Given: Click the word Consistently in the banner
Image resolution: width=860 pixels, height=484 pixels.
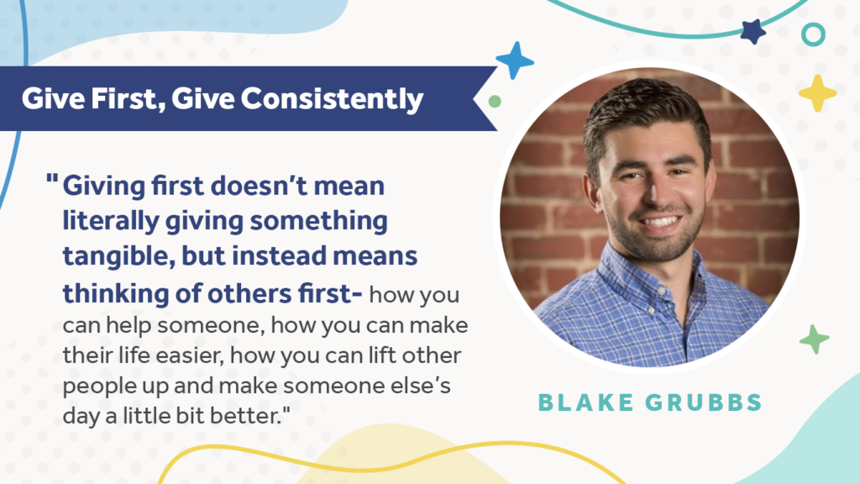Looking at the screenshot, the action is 332,99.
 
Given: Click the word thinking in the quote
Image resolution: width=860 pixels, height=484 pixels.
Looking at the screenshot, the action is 116,293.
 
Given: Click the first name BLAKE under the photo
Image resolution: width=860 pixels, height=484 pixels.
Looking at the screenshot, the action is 585,402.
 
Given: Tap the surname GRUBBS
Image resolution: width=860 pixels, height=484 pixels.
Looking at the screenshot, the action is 704,402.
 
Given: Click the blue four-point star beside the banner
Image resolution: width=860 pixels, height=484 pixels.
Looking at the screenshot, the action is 515,60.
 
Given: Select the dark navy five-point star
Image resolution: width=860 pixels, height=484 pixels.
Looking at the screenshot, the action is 753,31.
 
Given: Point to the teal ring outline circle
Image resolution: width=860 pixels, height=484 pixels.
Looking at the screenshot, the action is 813,24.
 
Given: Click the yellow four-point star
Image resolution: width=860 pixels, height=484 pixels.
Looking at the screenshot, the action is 817,93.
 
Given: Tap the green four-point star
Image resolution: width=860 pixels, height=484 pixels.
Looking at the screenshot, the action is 815,339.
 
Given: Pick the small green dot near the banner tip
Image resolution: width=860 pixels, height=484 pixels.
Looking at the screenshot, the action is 495,101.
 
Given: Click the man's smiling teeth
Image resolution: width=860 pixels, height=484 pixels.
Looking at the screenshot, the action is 660,222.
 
